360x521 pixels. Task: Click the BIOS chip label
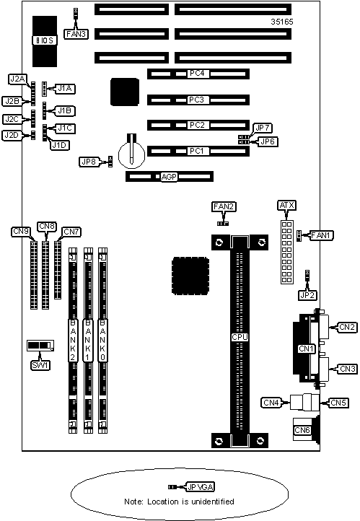tap(45, 40)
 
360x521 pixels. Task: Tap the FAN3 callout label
tap(76, 34)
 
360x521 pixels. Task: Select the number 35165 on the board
tap(282, 22)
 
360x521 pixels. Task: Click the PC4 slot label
tap(197, 73)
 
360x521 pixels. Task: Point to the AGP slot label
tap(169, 177)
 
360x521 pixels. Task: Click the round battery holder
tap(132, 154)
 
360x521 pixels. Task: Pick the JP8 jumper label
tap(89, 162)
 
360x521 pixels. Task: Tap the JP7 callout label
tap(263, 128)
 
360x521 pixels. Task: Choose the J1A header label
tap(65, 88)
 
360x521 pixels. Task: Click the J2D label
tap(12, 135)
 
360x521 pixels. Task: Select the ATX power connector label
tap(286, 206)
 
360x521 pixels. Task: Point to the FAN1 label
tap(321, 235)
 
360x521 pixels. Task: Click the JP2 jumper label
tap(307, 295)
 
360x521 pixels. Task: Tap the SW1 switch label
tap(40, 366)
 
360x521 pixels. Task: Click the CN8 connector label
tap(47, 227)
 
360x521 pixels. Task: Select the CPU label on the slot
tap(240, 337)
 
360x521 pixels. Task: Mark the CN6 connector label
tap(302, 430)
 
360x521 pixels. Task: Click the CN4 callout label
tap(271, 403)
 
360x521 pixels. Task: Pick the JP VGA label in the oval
tap(201, 487)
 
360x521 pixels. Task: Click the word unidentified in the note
tap(213, 502)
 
